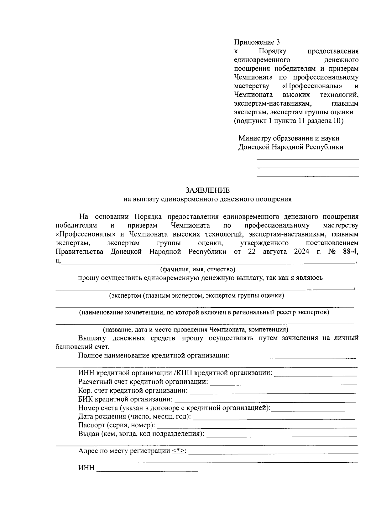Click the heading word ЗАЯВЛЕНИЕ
click(x=207, y=190)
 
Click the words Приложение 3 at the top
click(x=257, y=42)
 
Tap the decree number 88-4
click(x=350, y=252)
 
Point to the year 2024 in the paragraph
click(x=301, y=252)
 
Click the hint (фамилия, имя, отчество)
click(x=197, y=269)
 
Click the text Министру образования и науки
click(x=289, y=138)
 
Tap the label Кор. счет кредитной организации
click(x=133, y=391)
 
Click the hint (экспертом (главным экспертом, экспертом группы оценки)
click(x=196, y=295)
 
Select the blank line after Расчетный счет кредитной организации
click(x=283, y=383)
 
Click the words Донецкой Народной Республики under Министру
click(x=290, y=147)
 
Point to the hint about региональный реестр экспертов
click(x=204, y=312)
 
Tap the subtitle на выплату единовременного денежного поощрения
click(x=207, y=199)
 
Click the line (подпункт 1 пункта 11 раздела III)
click(x=289, y=121)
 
